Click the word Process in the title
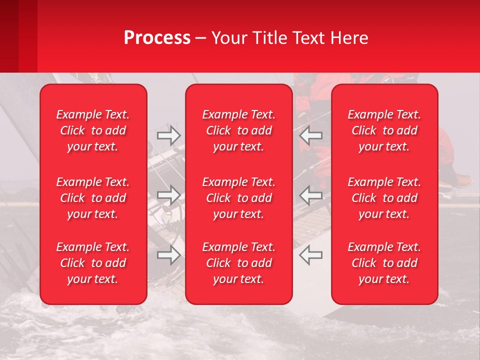[157, 38]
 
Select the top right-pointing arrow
[168, 135]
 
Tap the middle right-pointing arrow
[168, 195]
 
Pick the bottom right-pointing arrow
[168, 255]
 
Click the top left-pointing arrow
[310, 135]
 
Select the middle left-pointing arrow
[310, 195]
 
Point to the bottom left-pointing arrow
[310, 255]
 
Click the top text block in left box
[93, 130]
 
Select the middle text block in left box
[93, 198]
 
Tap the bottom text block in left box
[93, 263]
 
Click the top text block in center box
[238, 130]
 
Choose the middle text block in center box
[238, 198]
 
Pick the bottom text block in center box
[238, 263]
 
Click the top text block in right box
[384, 130]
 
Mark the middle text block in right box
[384, 198]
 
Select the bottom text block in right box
[384, 263]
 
